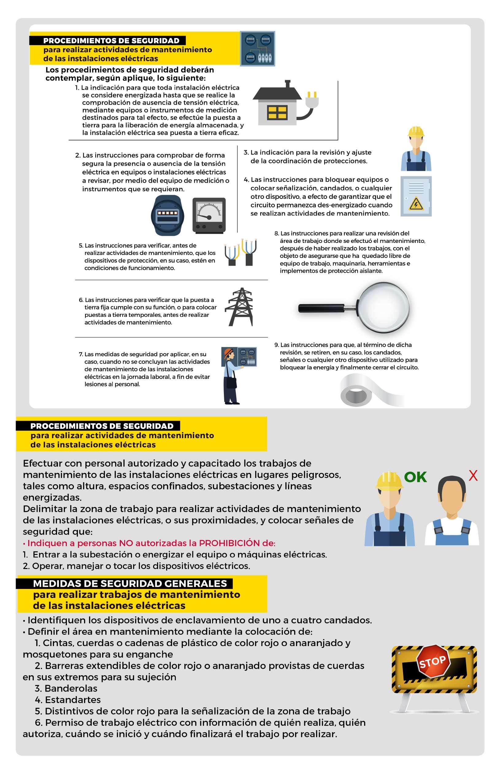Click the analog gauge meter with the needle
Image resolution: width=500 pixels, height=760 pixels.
click(209, 215)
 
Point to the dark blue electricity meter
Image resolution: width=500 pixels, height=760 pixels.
click(167, 215)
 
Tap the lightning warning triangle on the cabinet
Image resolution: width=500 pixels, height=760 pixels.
click(416, 204)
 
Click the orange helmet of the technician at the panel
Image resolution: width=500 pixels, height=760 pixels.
click(228, 352)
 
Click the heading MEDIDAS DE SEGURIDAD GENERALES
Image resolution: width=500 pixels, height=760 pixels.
click(130, 583)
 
